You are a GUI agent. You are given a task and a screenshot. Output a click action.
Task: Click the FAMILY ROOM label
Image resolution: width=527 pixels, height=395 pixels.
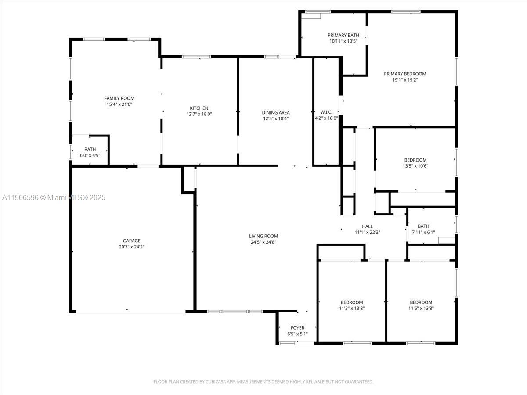[x=119, y=98]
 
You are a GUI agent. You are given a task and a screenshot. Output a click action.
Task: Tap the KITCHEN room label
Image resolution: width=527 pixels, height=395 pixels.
[x=199, y=108]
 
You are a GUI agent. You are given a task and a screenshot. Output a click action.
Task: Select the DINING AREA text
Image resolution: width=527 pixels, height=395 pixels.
[x=276, y=112]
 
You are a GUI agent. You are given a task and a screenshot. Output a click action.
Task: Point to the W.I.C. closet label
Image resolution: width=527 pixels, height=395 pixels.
[x=326, y=112]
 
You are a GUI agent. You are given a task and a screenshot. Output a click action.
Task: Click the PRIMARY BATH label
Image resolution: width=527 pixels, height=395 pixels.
[x=343, y=35]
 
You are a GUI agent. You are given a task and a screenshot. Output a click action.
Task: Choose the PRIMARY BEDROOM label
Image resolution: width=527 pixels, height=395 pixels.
[x=405, y=74]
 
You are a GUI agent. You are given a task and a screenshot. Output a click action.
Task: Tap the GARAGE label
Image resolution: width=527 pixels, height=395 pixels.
[x=132, y=241]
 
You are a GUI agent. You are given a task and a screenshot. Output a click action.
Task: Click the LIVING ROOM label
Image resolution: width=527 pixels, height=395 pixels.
[x=263, y=236]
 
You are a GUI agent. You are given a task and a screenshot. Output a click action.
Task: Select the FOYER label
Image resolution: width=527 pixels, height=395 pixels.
[x=297, y=328]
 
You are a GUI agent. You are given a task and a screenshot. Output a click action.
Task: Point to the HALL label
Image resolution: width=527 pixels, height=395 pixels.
[x=367, y=226]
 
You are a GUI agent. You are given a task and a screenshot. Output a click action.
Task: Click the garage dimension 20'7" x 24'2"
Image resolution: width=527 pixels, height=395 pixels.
[x=132, y=247]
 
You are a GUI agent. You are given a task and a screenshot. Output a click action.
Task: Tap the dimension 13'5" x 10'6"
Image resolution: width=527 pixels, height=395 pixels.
[x=415, y=166]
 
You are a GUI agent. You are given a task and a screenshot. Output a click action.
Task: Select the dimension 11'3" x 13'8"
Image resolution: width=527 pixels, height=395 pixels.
[x=352, y=308]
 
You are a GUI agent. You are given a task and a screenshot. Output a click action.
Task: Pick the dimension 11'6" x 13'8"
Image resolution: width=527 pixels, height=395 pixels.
[x=421, y=308]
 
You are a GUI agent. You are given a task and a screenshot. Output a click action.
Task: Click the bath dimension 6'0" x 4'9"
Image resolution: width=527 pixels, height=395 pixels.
[x=90, y=155]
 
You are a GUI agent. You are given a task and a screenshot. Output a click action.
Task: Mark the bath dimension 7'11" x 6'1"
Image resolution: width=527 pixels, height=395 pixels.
[x=423, y=232]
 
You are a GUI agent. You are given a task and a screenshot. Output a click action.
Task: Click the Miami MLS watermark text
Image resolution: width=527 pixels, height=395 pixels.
[x=54, y=198]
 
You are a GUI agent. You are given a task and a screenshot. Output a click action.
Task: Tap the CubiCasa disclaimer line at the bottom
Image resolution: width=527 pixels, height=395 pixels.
[x=263, y=381]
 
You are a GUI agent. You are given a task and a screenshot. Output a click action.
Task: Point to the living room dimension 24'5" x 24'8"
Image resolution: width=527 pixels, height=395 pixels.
[x=263, y=242]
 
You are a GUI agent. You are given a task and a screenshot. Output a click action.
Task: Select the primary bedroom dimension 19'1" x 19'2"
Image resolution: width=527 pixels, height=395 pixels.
[x=405, y=80]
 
